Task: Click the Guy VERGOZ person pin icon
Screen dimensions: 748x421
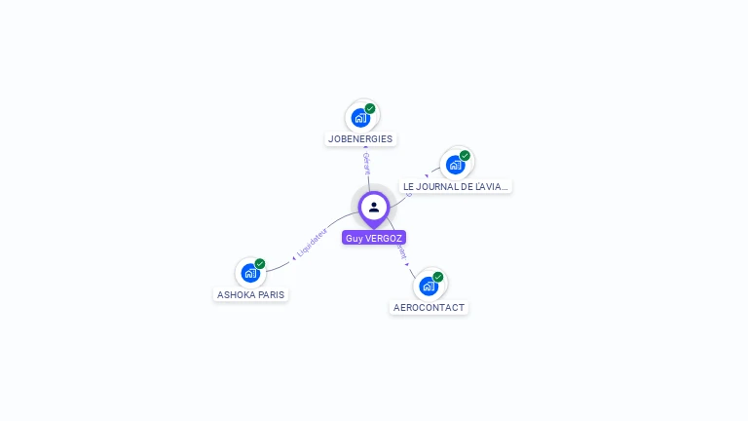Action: (374, 207)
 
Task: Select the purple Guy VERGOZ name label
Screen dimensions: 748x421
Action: (374, 238)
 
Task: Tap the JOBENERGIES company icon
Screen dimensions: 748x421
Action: (360, 117)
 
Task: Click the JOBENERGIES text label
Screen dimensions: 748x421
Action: (360, 138)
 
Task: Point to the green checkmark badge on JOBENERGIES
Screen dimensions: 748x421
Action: (370, 108)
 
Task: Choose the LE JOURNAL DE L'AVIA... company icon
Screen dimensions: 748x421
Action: (455, 164)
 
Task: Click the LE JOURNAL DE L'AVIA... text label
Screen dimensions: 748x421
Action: (456, 186)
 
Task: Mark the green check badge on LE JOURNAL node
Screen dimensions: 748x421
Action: (465, 155)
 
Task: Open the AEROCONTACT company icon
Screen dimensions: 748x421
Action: (428, 286)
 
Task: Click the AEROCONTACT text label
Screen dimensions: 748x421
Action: (429, 307)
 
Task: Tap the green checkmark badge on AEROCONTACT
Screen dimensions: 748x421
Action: (438, 277)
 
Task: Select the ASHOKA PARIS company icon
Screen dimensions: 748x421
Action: (250, 272)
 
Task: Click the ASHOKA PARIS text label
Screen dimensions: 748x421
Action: (251, 293)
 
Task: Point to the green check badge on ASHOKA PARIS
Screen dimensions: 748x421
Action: (260, 263)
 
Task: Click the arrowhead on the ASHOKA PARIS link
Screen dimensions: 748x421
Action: (293, 258)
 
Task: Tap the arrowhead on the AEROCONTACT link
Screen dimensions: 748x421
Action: (408, 263)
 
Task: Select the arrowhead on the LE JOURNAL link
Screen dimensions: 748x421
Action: (427, 176)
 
